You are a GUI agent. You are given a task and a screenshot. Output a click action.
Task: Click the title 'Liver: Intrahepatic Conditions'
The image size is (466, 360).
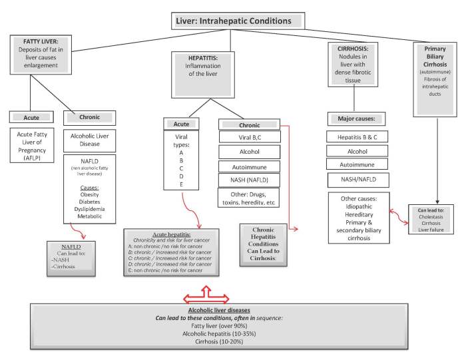pos(232,21)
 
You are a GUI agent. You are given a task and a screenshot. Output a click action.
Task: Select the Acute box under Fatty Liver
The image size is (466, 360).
pos(32,117)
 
